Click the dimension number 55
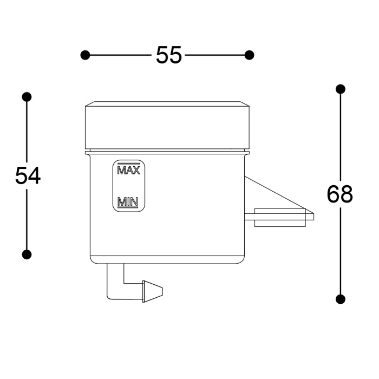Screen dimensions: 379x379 click(168, 55)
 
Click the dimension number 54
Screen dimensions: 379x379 click(28, 176)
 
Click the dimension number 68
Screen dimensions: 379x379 click(340, 194)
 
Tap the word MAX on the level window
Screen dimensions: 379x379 click(129, 170)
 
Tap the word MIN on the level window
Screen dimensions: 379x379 click(128, 201)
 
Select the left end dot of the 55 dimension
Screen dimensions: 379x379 click(85, 55)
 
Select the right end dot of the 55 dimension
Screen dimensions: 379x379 click(250, 55)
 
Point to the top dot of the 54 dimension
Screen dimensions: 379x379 click(27, 97)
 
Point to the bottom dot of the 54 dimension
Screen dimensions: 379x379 click(27, 254)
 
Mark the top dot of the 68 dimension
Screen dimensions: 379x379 click(341, 89)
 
